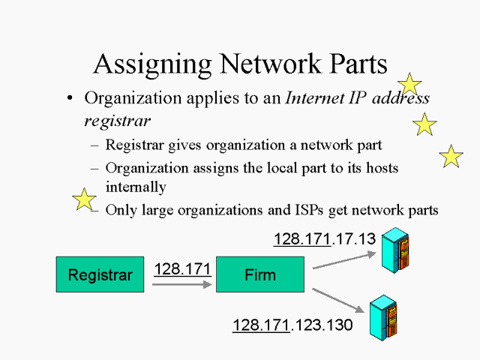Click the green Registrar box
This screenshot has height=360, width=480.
[x=100, y=274]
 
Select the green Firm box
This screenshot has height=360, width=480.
[x=259, y=274]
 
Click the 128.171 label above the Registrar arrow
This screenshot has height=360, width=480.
[x=182, y=268]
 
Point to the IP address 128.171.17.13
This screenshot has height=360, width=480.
[x=324, y=239]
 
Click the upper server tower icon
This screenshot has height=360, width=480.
[x=394, y=249]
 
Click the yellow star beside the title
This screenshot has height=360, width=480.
[x=409, y=85]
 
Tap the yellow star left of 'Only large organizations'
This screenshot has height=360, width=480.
[x=84, y=199]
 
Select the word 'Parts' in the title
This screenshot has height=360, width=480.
[x=355, y=64]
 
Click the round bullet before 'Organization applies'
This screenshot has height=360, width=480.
[x=70, y=99]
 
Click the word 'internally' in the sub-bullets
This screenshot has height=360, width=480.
[x=135, y=186]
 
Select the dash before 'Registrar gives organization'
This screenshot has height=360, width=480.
[x=94, y=145]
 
